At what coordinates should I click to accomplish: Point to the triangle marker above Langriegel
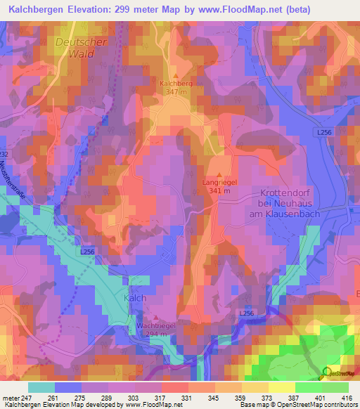click(x=219, y=174)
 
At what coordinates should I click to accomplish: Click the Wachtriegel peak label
click(x=155, y=326)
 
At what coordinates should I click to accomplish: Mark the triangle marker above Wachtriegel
click(x=155, y=318)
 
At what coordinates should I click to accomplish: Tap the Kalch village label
click(x=135, y=298)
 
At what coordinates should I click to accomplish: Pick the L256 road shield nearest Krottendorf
click(x=323, y=133)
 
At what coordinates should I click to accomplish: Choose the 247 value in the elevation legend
click(x=24, y=398)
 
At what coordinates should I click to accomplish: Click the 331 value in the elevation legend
click(x=186, y=398)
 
